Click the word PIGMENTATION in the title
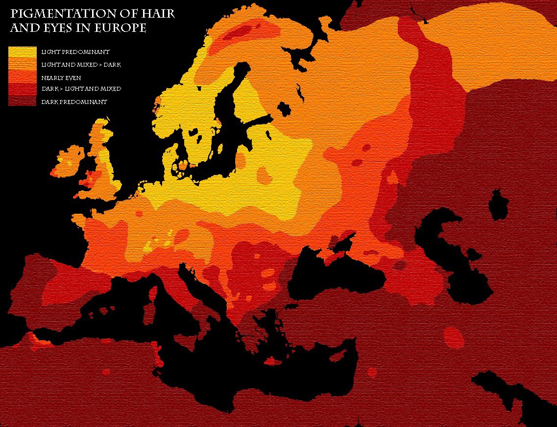pyautogui.click(x=56, y=14)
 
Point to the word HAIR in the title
pyautogui.click(x=158, y=14)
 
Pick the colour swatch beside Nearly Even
pyautogui.click(x=23, y=77)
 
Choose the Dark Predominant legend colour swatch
pyautogui.click(x=23, y=101)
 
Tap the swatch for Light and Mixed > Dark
pyautogui.click(x=23, y=64)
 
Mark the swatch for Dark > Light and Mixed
pyautogui.click(x=23, y=89)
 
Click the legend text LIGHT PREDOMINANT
pyautogui.click(x=75, y=52)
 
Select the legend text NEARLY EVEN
pyautogui.click(x=61, y=78)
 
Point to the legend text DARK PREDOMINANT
pyautogui.click(x=74, y=102)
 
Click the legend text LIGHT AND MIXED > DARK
pyautogui.click(x=81, y=65)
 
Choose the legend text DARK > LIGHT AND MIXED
pyautogui.click(x=81, y=89)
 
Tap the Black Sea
pyautogui.click(x=338, y=275)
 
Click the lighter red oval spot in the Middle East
pyautogui.click(x=454, y=337)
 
